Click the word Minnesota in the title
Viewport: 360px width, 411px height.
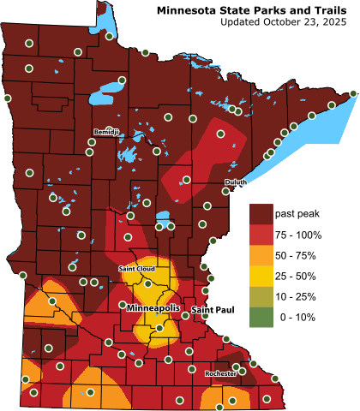(x=189, y=9)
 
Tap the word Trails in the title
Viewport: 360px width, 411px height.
(x=330, y=9)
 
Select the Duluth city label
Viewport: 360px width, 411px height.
(x=235, y=182)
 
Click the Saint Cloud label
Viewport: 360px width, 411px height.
(x=135, y=269)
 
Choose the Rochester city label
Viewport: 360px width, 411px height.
(x=220, y=373)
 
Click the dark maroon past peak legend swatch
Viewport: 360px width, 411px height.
(x=259, y=212)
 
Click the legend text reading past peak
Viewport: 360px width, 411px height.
(x=297, y=212)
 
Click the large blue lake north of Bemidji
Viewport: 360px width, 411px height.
(x=110, y=90)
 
